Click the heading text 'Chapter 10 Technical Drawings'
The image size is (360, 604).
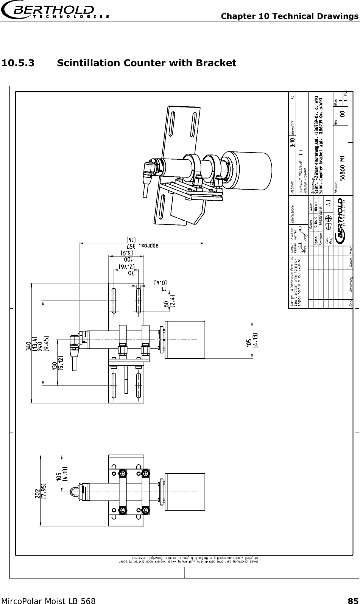pos(290,16)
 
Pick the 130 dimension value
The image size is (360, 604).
pos(55,366)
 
